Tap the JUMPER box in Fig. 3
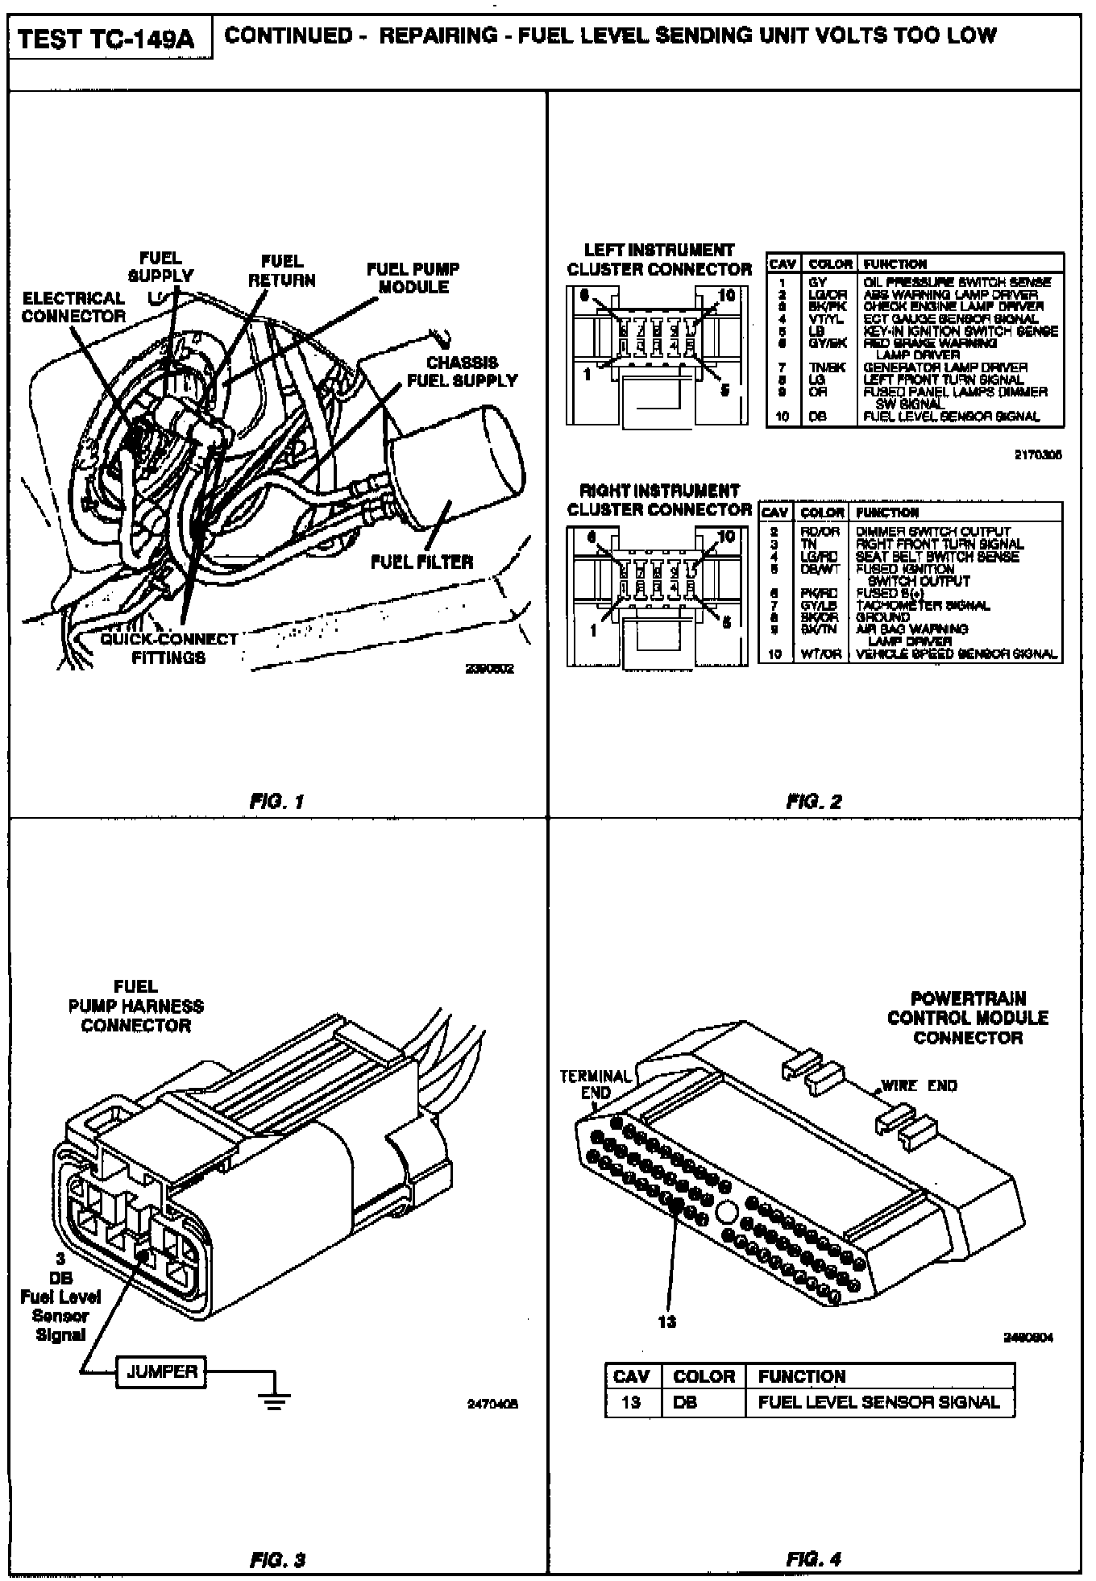pyautogui.click(x=161, y=1371)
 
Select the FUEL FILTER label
pyautogui.click(x=421, y=562)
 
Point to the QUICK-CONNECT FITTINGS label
pyautogui.click(x=169, y=649)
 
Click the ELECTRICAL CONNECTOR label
pyautogui.click(x=73, y=307)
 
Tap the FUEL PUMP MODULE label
pyautogui.click(x=413, y=278)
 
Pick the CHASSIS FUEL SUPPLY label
pyautogui.click(x=462, y=371)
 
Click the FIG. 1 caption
pyautogui.click(x=276, y=802)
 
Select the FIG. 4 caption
pyautogui.click(x=814, y=1558)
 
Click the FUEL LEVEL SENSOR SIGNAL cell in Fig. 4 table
pyautogui.click(x=878, y=1401)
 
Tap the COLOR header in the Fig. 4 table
pyautogui.click(x=704, y=1376)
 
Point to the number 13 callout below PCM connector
pyautogui.click(x=667, y=1322)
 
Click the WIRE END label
pyautogui.click(x=919, y=1085)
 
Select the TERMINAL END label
pyautogui.click(x=596, y=1085)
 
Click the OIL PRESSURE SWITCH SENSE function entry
pyautogui.click(x=957, y=282)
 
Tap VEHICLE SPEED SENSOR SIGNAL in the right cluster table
pyautogui.click(x=956, y=654)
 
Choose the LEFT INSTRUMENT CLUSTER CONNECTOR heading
pyautogui.click(x=658, y=259)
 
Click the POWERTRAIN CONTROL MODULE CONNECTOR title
pyautogui.click(x=967, y=1018)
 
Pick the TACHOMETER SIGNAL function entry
pyautogui.click(x=923, y=605)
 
